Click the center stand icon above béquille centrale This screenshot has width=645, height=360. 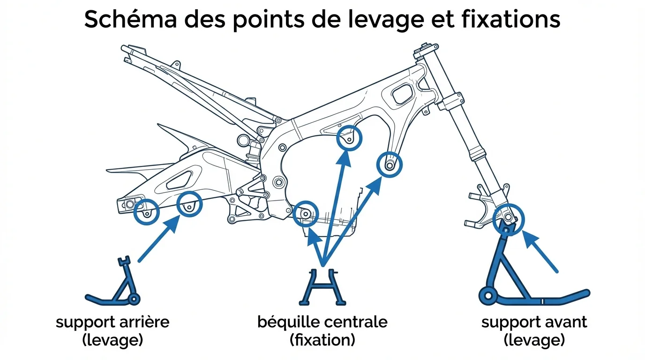point(322,286)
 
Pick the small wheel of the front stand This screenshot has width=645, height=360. point(488,295)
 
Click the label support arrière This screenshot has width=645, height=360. point(112,322)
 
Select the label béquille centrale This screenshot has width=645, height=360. point(322,322)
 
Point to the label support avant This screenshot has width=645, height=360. point(534,322)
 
